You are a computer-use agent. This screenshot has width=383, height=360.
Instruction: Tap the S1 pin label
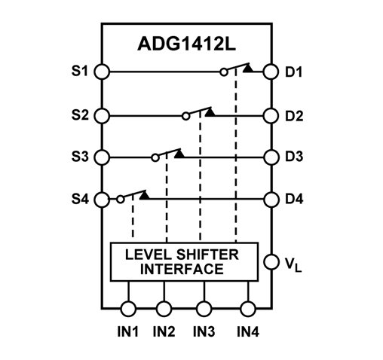click(x=80, y=72)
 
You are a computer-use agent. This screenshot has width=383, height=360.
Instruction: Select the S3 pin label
click(x=80, y=157)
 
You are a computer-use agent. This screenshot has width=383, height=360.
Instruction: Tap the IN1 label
click(x=128, y=331)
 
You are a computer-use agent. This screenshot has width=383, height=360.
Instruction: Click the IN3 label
click(x=203, y=331)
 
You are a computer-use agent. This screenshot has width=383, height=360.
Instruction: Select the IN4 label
click(x=248, y=331)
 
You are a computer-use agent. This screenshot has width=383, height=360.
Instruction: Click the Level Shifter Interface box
click(x=183, y=261)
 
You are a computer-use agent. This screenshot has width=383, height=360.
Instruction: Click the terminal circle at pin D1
click(x=269, y=72)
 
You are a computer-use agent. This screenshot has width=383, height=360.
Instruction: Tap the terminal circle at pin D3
click(x=269, y=157)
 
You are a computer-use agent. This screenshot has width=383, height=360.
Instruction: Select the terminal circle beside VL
click(x=269, y=263)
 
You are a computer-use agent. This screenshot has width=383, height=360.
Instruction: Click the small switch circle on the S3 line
click(x=155, y=157)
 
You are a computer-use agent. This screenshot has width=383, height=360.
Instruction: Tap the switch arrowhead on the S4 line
click(x=144, y=195)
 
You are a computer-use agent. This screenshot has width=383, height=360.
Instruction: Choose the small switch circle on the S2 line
click(x=185, y=117)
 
